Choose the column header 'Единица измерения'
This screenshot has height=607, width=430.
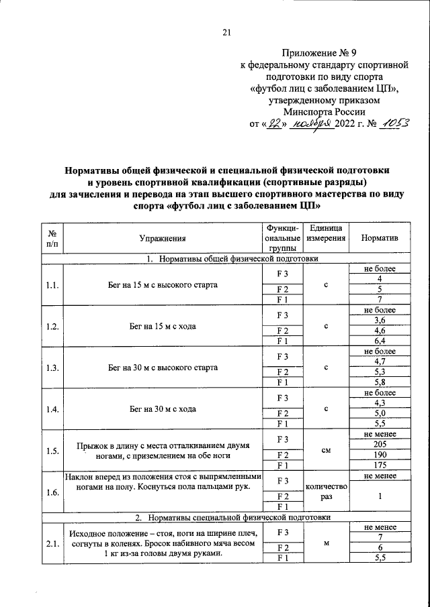point(326,233)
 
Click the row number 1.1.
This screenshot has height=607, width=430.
point(52,285)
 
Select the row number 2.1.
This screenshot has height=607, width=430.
point(52,544)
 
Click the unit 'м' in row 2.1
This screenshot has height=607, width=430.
point(326,544)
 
